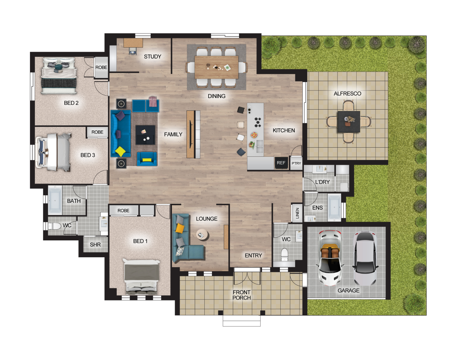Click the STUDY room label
[x=152, y=56]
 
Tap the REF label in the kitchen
[x=281, y=163]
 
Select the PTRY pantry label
[x=296, y=163]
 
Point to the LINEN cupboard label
[x=297, y=213]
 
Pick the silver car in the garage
[x=365, y=258]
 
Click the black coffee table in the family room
[x=145, y=135]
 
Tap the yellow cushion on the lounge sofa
[x=180, y=228]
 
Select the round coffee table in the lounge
[x=203, y=234]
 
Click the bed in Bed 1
[x=141, y=276]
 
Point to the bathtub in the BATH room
[x=55, y=200]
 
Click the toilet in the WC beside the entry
[x=284, y=254]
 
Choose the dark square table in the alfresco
[x=349, y=121]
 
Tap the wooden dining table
[x=216, y=67]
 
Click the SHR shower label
[x=95, y=244]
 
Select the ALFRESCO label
[x=347, y=94]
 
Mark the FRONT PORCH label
[x=241, y=295]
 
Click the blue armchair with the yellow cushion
[x=147, y=159]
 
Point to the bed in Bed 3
[x=54, y=152]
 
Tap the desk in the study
[x=133, y=43]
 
